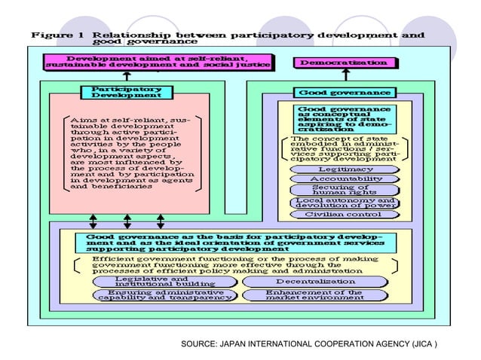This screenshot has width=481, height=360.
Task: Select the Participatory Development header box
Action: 122,93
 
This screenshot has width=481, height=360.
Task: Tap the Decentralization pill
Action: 314,281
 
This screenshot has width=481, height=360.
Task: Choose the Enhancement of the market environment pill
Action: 314,294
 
